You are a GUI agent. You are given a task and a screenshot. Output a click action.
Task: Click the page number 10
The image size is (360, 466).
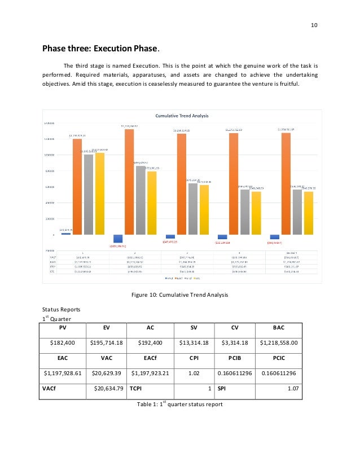(315, 24)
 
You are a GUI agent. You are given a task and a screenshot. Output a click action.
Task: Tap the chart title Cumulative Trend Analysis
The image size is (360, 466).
(182, 116)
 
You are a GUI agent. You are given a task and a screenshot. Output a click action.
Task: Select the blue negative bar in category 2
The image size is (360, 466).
(118, 239)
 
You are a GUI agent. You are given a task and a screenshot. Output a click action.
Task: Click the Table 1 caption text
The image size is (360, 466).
(179, 404)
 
